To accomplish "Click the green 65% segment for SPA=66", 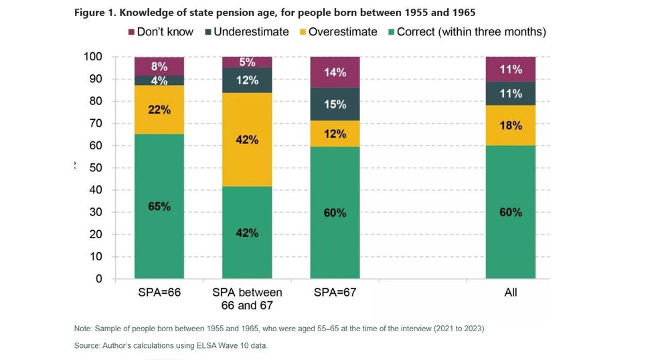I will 159,206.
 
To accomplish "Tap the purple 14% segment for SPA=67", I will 335,72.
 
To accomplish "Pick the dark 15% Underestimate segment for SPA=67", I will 335,104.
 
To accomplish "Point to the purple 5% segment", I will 247,62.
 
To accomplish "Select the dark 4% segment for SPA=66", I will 159,80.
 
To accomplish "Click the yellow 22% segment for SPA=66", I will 159,110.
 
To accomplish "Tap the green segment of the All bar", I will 510,212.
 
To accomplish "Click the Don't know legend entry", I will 161,31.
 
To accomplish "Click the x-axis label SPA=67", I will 335,292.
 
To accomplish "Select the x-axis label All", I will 510,292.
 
